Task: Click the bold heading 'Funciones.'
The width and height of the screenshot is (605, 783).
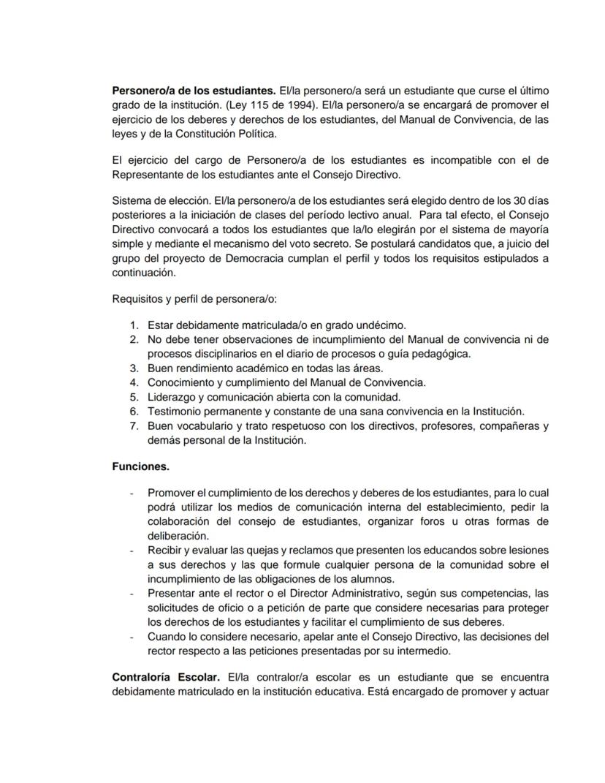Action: pyautogui.click(x=140, y=466)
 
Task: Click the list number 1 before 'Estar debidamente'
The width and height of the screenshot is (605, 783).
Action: pyautogui.click(x=134, y=325)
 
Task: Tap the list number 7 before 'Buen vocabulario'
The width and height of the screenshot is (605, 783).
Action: pyautogui.click(x=134, y=425)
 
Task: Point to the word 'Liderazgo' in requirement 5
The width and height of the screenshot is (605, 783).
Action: pyautogui.click(x=172, y=397)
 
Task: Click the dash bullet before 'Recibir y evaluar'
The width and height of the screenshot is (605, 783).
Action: pyautogui.click(x=132, y=550)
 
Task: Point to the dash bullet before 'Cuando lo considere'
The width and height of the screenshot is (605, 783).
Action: pyautogui.click(x=132, y=637)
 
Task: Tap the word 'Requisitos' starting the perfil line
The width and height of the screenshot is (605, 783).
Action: pyautogui.click(x=138, y=298)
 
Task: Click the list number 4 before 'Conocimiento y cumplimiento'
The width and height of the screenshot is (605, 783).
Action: pyautogui.click(x=134, y=382)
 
